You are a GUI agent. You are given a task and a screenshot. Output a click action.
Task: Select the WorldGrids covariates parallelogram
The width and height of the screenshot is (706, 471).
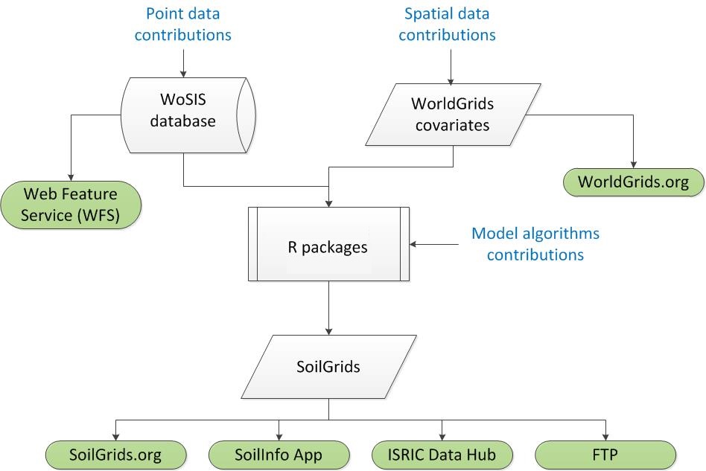point(450,114)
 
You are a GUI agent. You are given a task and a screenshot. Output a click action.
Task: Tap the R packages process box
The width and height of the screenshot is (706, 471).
point(328,244)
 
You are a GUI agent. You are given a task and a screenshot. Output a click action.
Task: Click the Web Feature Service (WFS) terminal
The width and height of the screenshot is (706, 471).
point(71,205)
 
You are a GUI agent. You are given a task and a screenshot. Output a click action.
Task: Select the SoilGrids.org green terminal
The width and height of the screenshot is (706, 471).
point(115,453)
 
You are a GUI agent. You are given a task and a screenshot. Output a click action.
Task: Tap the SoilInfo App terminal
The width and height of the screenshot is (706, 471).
point(279,453)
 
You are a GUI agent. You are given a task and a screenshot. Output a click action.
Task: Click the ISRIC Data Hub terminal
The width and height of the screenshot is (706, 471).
point(442,453)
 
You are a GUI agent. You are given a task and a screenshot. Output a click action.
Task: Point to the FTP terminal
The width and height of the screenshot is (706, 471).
point(606,453)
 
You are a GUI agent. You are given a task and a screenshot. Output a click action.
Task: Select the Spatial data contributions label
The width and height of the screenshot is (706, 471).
point(450,25)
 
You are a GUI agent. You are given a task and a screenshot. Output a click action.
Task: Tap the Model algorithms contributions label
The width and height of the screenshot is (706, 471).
point(535,244)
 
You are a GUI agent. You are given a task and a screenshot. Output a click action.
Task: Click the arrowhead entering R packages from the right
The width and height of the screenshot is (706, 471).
point(415,244)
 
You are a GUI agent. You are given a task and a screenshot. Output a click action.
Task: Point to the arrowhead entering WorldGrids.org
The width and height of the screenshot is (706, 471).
point(633,164)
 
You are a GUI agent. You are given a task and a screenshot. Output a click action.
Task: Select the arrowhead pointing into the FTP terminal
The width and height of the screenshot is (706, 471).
point(606,435)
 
